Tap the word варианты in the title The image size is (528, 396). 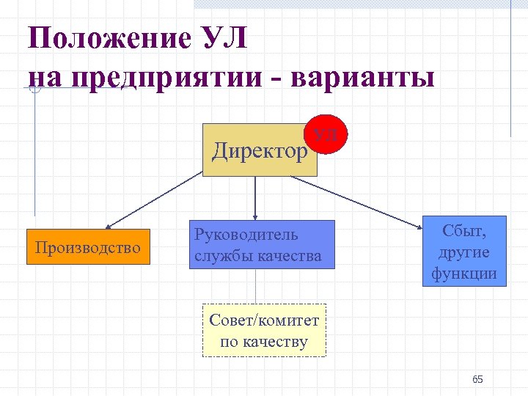[x=363, y=77]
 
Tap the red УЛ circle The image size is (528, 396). [x=326, y=135]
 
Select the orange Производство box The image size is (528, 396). [x=88, y=247]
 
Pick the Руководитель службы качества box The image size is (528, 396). [x=262, y=244]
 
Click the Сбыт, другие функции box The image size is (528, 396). [x=464, y=252]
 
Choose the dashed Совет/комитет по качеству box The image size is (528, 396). [x=264, y=331]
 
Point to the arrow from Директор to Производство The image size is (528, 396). [x=154, y=199]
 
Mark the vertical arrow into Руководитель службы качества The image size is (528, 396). [x=255, y=198]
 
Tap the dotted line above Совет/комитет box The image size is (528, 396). [x=255, y=287]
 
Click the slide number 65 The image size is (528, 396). [x=477, y=379]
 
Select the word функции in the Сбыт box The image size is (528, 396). [x=464, y=274]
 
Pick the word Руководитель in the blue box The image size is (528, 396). [x=246, y=235]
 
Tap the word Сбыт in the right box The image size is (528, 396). [x=463, y=230]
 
